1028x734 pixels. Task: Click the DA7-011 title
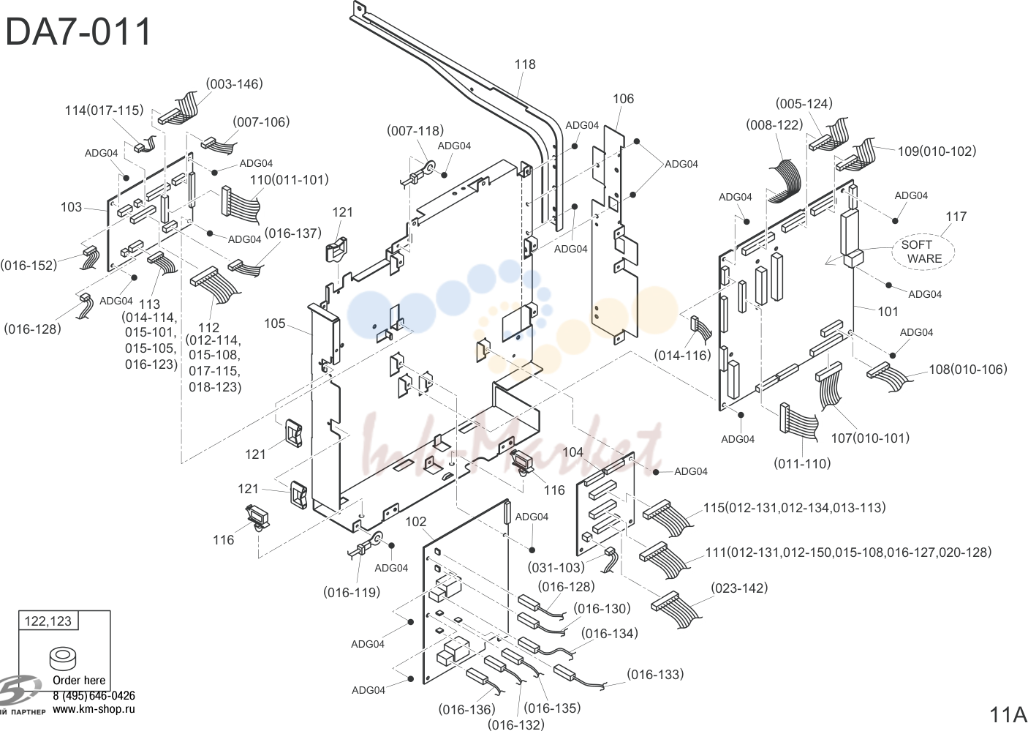pos(78,31)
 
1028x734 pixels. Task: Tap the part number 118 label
pos(525,64)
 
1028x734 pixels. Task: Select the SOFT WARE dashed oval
pos(923,252)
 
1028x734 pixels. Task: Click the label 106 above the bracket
pos(623,99)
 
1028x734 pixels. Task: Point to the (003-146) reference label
pos(234,84)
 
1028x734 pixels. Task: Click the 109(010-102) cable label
pos(937,151)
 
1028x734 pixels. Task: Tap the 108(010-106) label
pos(968,370)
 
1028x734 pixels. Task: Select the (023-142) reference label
pos(739,588)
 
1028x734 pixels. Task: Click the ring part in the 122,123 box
pos(62,659)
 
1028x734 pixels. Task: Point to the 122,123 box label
pos(48,621)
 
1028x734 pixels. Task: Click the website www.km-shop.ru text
pos(94,709)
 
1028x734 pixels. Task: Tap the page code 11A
pos(1008,715)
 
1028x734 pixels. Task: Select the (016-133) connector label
pos(655,674)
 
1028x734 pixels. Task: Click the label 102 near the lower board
pos(416,522)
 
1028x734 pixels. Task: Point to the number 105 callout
pos(275,323)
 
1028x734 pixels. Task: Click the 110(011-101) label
pos(289,179)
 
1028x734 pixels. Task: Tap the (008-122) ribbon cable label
pos(774,125)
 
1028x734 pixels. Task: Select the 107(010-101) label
pos(870,438)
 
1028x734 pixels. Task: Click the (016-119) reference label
pos(352,593)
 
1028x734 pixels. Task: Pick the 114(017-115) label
pos(104,111)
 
